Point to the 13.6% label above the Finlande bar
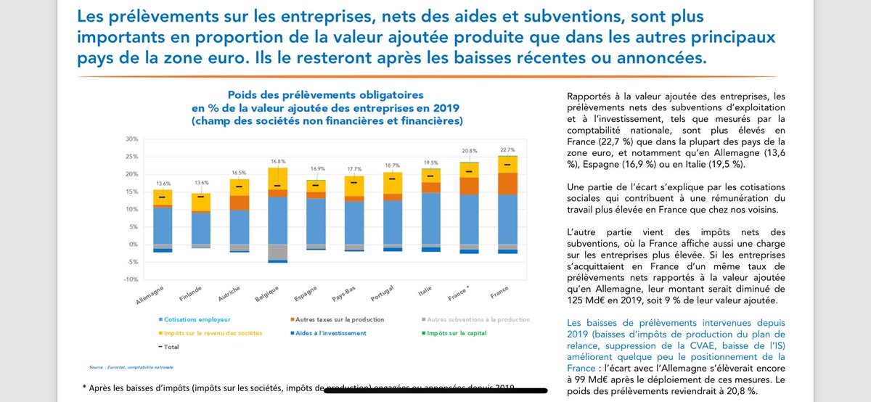(x=201, y=183)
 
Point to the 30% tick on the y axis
(x=131, y=139)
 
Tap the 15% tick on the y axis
(x=131, y=192)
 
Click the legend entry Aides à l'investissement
(x=333, y=333)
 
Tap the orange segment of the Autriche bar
(x=240, y=202)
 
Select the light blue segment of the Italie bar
(x=432, y=218)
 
